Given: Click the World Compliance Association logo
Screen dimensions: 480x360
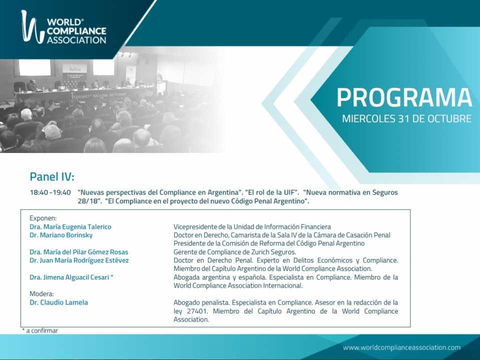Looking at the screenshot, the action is pos(63,27).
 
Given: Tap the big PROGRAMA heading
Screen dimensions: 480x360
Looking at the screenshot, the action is pos(404,98).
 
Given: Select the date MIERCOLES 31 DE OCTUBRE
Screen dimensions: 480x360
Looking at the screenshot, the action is pos(406,119).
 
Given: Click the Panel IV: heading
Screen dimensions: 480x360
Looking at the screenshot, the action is pos(52,176).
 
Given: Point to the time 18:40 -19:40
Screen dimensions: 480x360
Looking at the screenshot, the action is pos(50,192).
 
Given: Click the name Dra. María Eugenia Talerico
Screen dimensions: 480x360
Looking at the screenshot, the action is pos(70,227).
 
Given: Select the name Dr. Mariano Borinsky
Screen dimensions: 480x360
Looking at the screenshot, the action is pos(61,235).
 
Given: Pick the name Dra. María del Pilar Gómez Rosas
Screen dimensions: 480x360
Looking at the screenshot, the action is pos(79,252).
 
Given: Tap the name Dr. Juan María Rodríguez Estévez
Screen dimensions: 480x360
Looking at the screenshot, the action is pos(79,260).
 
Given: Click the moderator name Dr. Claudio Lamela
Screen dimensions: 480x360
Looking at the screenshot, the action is pos(59,302).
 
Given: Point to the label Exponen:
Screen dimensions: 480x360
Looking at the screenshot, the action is pos(43,218).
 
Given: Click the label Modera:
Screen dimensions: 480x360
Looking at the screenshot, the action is pos(41,294).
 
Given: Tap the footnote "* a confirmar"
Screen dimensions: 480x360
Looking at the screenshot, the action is pos(40,330).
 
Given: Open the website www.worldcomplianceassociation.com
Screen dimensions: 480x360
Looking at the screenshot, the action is pos(401,347).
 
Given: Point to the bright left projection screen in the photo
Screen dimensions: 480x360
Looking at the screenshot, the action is pos(34,67).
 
